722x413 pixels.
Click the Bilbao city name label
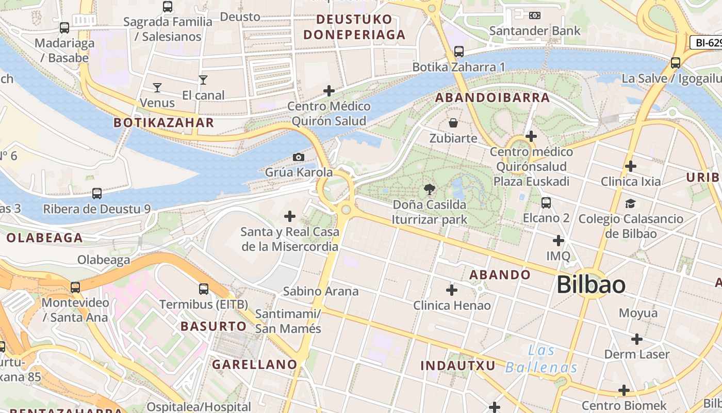pyautogui.click(x=591, y=285)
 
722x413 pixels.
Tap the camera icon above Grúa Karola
pyautogui.click(x=298, y=157)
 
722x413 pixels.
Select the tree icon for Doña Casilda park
pyautogui.click(x=429, y=189)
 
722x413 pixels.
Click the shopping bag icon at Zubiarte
pyautogui.click(x=453, y=123)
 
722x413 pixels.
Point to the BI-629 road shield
pyautogui.click(x=707, y=42)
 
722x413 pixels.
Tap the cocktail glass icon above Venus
pyautogui.click(x=157, y=88)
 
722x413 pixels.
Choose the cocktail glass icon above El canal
pyautogui.click(x=203, y=80)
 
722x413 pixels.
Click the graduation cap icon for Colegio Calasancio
pyautogui.click(x=630, y=203)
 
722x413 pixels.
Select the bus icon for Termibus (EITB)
pyautogui.click(x=204, y=289)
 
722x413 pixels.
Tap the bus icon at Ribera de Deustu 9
pyautogui.click(x=96, y=194)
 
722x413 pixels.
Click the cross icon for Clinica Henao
pyautogui.click(x=452, y=290)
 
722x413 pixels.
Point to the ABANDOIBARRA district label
pyautogui.click(x=493, y=98)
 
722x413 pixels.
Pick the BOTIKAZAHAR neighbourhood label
pyautogui.click(x=163, y=122)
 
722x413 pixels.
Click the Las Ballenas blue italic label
pyautogui.click(x=541, y=359)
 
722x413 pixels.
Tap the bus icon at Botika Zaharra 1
pyautogui.click(x=458, y=52)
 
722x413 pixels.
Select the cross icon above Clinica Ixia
pyautogui.click(x=630, y=166)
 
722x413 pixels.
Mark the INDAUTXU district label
pyautogui.click(x=458, y=366)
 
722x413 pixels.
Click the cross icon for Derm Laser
pyautogui.click(x=637, y=339)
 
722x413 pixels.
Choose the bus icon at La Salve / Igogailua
pyautogui.click(x=675, y=63)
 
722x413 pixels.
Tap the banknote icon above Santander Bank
pyautogui.click(x=535, y=15)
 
